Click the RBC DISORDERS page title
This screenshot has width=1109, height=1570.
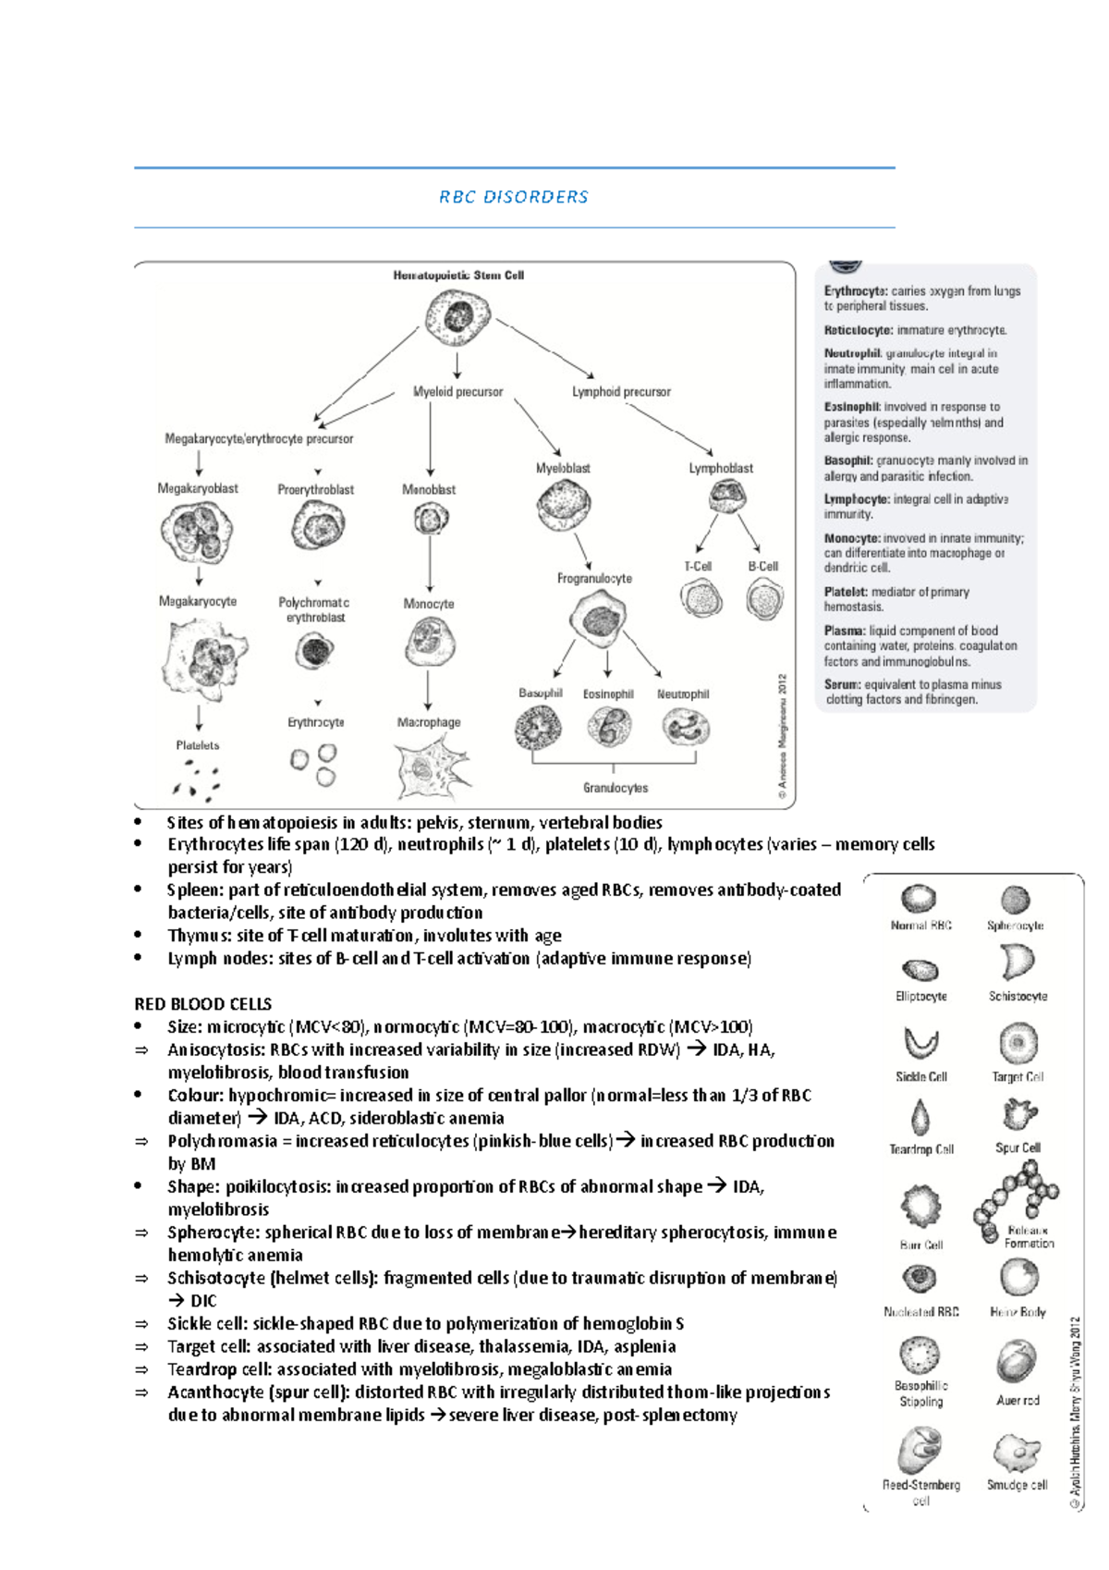click(513, 197)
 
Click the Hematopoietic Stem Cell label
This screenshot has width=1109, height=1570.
click(458, 276)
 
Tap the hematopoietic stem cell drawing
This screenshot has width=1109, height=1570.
click(457, 316)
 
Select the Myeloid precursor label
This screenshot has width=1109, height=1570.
click(457, 392)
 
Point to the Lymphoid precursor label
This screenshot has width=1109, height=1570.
click(621, 392)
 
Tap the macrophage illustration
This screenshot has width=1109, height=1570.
click(428, 768)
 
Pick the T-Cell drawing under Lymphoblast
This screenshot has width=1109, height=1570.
click(701, 598)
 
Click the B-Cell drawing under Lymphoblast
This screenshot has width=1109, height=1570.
click(764, 599)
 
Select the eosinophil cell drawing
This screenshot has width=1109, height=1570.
click(609, 727)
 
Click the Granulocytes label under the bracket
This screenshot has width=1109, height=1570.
click(615, 788)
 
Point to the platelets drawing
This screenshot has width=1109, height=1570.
click(197, 779)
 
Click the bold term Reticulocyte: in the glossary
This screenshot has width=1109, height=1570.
click(859, 330)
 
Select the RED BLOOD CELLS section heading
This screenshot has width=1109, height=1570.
click(203, 1004)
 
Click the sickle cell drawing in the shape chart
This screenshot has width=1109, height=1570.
click(920, 1043)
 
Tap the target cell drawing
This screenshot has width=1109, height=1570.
click(1018, 1044)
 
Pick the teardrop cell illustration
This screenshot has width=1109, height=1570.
click(920, 1117)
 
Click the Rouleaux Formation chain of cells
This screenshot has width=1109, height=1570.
click(1017, 1194)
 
